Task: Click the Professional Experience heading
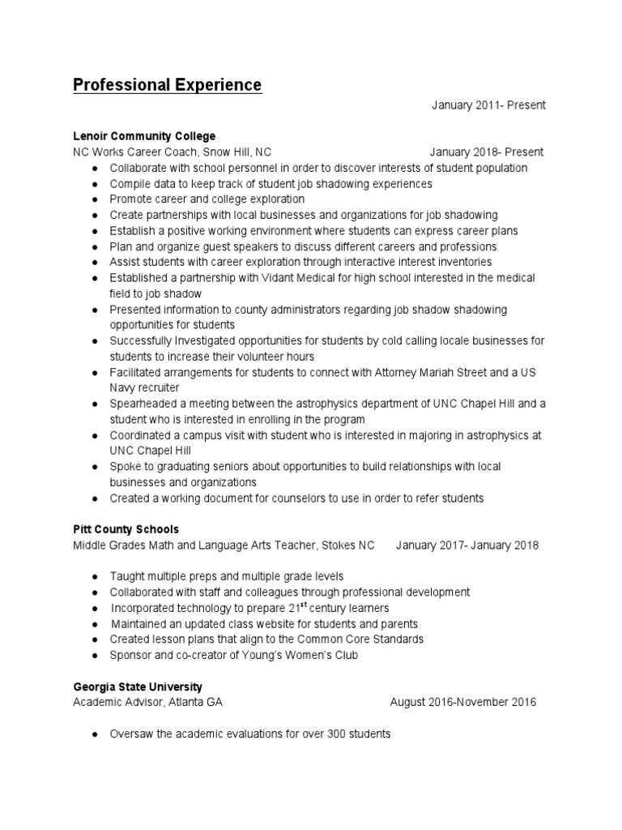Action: tap(168, 85)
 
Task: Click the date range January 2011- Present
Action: tap(488, 105)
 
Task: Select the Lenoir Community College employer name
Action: tap(144, 136)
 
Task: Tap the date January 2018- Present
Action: tap(487, 152)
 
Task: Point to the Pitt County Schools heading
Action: tap(126, 529)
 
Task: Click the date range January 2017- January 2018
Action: tap(467, 545)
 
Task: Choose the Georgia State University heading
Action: tap(138, 687)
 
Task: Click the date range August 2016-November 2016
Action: tap(462, 703)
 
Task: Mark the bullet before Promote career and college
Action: tap(96, 199)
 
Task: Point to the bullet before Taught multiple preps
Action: tap(96, 576)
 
